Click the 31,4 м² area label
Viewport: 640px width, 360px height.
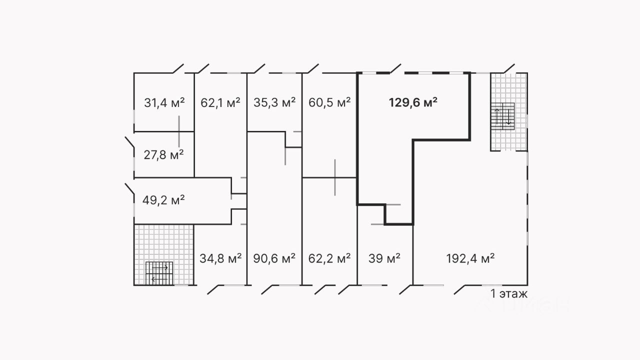point(164,103)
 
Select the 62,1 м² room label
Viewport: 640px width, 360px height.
point(220,103)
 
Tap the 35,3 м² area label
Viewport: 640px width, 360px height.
point(274,103)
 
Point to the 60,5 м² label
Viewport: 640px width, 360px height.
point(329,103)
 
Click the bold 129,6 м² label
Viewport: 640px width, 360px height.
point(413,103)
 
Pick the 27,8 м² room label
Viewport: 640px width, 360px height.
point(163,154)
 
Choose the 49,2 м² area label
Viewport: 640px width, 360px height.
point(163,200)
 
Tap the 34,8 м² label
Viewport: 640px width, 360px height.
point(220,258)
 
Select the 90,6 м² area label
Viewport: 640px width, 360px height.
point(274,258)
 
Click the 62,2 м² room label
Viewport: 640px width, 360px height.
point(329,258)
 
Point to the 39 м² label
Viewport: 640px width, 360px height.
point(384,258)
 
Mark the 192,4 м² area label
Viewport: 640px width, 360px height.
point(470,258)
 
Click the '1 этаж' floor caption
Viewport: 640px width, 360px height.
point(509,294)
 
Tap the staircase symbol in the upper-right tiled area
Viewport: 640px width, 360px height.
point(503,116)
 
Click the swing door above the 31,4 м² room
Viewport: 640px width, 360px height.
point(178,68)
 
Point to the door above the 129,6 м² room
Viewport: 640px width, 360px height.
point(396,68)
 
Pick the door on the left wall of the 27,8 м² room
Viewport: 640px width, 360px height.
point(129,142)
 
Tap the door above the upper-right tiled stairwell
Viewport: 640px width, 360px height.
point(509,68)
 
